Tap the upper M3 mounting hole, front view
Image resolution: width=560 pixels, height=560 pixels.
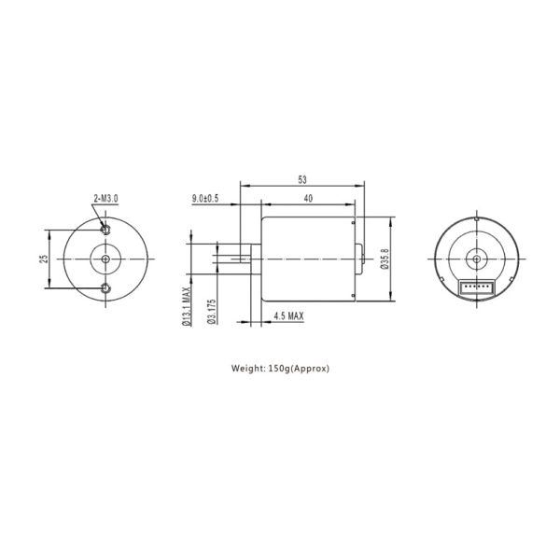point(106,229)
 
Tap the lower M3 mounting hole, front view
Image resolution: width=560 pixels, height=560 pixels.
point(106,287)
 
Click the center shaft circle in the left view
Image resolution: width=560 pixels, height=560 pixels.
point(106,259)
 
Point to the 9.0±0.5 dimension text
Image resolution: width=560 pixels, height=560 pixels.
point(204,198)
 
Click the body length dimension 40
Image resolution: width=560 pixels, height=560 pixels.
point(308,198)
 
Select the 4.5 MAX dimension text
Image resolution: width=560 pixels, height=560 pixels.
point(287,316)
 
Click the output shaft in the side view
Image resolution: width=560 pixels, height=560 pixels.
point(231,259)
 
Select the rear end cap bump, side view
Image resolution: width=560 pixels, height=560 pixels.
point(360,259)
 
